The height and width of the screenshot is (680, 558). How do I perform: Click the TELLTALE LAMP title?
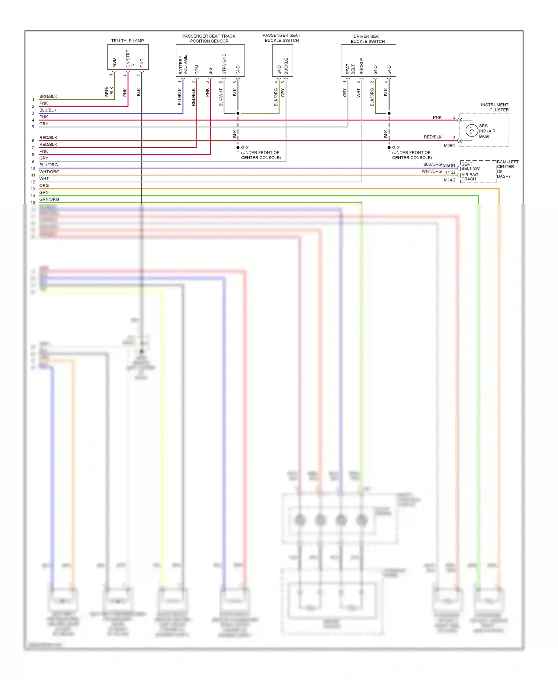coord(127,41)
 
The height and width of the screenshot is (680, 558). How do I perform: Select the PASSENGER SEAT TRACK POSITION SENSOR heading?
coord(209,38)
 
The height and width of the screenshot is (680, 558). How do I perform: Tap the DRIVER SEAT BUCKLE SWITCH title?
coord(367,39)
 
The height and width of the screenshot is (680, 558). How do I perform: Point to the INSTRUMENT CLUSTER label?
coord(494,107)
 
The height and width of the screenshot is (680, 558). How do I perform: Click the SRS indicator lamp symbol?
coord(471,131)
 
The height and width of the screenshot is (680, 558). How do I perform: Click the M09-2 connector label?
coord(449,145)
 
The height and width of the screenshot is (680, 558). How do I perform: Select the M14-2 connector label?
coord(449,180)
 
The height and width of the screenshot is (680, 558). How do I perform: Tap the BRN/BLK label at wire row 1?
coord(48,96)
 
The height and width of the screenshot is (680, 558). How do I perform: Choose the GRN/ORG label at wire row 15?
coord(49,199)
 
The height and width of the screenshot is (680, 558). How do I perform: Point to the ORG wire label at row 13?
coord(44,186)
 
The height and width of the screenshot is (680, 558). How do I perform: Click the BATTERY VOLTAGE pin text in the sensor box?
coord(183,65)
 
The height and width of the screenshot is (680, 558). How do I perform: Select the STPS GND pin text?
coord(224,64)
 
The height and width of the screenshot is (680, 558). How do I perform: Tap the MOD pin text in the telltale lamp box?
coord(114,62)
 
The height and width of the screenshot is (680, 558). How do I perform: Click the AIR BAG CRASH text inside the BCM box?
coord(469,177)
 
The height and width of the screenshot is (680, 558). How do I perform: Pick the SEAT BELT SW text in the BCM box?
coord(470,166)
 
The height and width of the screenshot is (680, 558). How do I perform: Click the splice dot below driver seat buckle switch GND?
coord(389,113)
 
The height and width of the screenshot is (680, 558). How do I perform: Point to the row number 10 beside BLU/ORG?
coord(33,168)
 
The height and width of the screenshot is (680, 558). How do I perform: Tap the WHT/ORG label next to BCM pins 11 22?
coord(432,171)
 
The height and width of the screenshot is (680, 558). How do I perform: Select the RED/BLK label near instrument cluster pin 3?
coord(432,137)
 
